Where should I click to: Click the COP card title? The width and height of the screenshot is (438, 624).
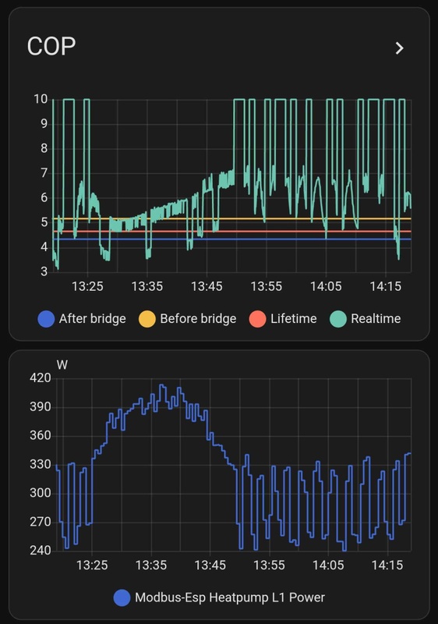(x=51, y=47)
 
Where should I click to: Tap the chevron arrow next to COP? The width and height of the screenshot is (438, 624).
(x=399, y=48)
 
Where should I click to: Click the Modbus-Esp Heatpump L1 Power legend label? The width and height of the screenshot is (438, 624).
(x=229, y=597)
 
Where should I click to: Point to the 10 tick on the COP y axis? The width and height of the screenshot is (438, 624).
(x=41, y=99)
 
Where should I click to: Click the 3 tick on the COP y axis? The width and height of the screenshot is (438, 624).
(x=44, y=271)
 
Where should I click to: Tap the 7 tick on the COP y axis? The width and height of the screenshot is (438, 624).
(x=44, y=173)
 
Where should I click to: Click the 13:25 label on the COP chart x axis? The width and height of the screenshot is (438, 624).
(x=87, y=287)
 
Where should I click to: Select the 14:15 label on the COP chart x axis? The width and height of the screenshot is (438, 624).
(x=386, y=287)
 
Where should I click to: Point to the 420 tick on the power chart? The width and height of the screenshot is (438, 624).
(x=41, y=378)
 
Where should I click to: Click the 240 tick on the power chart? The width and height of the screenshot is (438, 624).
(x=41, y=550)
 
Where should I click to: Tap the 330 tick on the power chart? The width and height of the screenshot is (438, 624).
(x=41, y=464)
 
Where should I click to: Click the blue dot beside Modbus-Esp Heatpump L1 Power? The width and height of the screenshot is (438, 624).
(x=122, y=597)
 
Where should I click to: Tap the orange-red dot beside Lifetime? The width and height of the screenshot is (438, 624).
(x=257, y=318)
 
